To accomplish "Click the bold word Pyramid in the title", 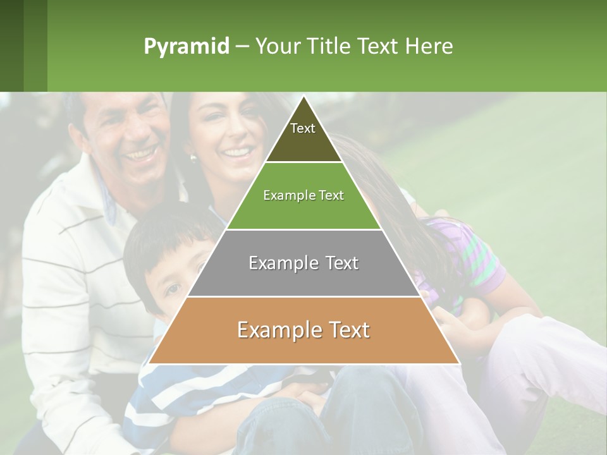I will coord(187,46).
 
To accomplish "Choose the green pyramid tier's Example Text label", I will coord(303,195).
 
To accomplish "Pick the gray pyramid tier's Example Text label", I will coord(303,263).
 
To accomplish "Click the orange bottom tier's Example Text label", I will coord(303,330).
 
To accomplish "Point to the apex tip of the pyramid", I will coord(303,96).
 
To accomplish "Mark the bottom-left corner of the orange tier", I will coord(149,363).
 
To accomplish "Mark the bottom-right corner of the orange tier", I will coord(459,363).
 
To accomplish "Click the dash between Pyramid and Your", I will coord(242,47).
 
